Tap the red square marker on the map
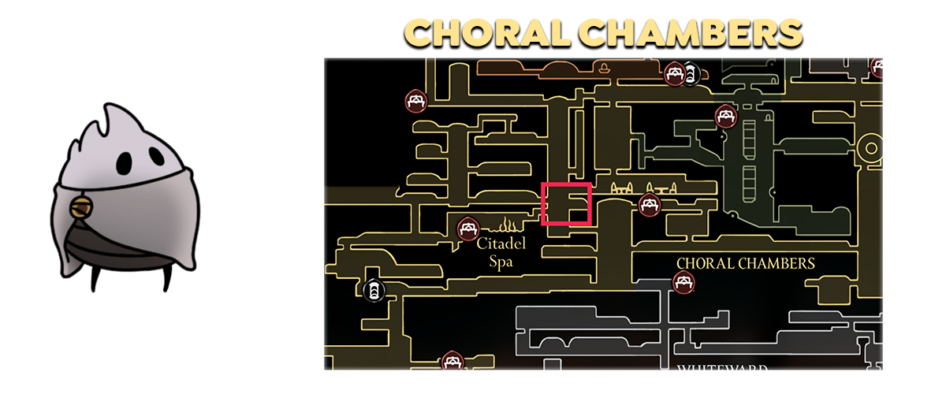(566, 203)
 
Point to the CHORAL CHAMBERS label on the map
(745, 263)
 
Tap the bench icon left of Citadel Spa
(467, 229)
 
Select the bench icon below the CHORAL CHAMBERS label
(683, 281)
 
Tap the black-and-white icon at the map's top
(691, 75)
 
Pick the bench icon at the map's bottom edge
(451, 362)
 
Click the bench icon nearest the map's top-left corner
(415, 101)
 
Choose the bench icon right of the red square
(649, 205)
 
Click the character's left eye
(125, 163)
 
